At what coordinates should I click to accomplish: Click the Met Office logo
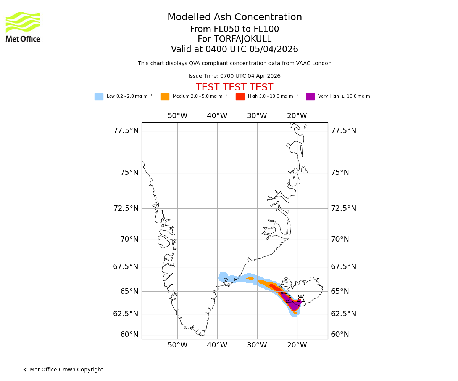pos(23,27)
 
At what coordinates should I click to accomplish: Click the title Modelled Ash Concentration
pos(234,18)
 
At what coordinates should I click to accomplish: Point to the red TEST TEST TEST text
pos(234,88)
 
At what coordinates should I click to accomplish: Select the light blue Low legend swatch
pos(99,97)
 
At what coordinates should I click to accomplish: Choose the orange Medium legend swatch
pos(165,97)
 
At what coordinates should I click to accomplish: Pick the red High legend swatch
pos(240,97)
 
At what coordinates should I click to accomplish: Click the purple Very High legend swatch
pos(310,97)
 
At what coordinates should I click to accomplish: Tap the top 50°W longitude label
pos(177,116)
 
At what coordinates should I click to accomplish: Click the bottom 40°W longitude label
pos(217,346)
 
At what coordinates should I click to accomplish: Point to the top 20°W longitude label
pos(297,116)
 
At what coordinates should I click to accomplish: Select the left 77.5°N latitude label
pos(126,131)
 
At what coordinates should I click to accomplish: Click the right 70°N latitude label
pos(340,239)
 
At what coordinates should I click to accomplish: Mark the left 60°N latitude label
pos(129,335)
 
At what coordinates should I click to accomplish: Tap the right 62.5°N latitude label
pos(343,314)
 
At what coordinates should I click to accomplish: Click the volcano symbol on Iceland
pos(301,299)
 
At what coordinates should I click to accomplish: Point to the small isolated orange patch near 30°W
pos(250,278)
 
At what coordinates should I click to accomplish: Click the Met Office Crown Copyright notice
pos(63,370)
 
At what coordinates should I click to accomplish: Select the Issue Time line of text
pos(234,76)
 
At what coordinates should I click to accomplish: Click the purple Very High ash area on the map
pos(292,303)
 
